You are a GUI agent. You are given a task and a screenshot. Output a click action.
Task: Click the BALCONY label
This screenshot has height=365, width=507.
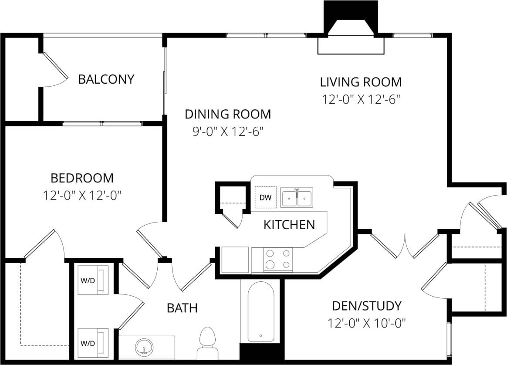click(106, 79)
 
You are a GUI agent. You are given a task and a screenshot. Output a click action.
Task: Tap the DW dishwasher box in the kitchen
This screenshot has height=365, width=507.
click(265, 197)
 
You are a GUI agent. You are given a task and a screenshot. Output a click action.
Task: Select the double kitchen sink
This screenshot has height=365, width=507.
click(297, 198)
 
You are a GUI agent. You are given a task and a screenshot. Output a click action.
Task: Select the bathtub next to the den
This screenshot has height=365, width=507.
click(260, 312)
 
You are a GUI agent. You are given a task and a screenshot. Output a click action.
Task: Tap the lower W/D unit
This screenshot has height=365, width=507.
click(93, 343)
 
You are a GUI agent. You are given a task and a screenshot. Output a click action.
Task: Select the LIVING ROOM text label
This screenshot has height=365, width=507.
click(361, 82)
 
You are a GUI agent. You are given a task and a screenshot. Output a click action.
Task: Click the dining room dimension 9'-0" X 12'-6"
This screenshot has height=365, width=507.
click(228, 131)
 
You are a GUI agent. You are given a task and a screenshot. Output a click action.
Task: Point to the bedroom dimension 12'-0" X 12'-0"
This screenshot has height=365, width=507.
click(82, 195)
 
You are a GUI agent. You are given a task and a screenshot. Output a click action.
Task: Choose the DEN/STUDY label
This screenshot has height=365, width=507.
click(366, 306)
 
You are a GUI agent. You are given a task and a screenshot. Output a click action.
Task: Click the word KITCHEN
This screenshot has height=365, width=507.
click(289, 225)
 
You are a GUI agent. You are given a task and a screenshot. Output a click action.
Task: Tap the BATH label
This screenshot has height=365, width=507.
click(182, 308)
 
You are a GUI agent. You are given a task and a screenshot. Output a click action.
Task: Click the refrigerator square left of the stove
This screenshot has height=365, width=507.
click(235, 260)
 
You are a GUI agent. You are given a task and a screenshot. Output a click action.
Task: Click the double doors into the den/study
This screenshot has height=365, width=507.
click(405, 246)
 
